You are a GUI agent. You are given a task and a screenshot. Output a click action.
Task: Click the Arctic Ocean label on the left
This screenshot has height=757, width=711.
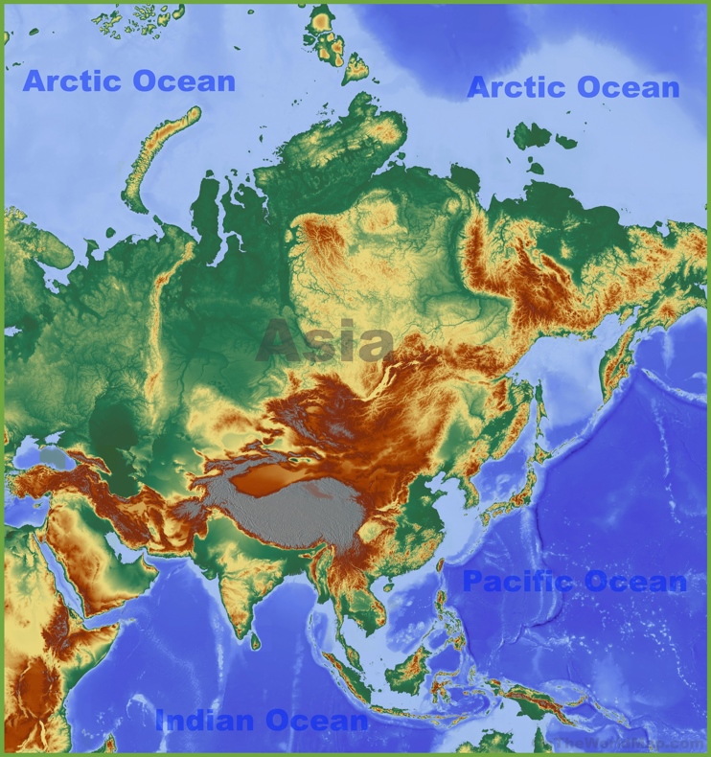128,81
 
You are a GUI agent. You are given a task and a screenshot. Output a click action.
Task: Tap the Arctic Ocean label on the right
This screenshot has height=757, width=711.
573,88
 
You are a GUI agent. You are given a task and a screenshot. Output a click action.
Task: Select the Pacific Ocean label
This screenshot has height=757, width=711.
574,581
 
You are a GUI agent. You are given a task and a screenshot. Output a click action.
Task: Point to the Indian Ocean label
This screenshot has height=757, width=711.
262,721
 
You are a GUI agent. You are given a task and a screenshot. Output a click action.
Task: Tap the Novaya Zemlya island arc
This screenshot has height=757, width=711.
158,153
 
